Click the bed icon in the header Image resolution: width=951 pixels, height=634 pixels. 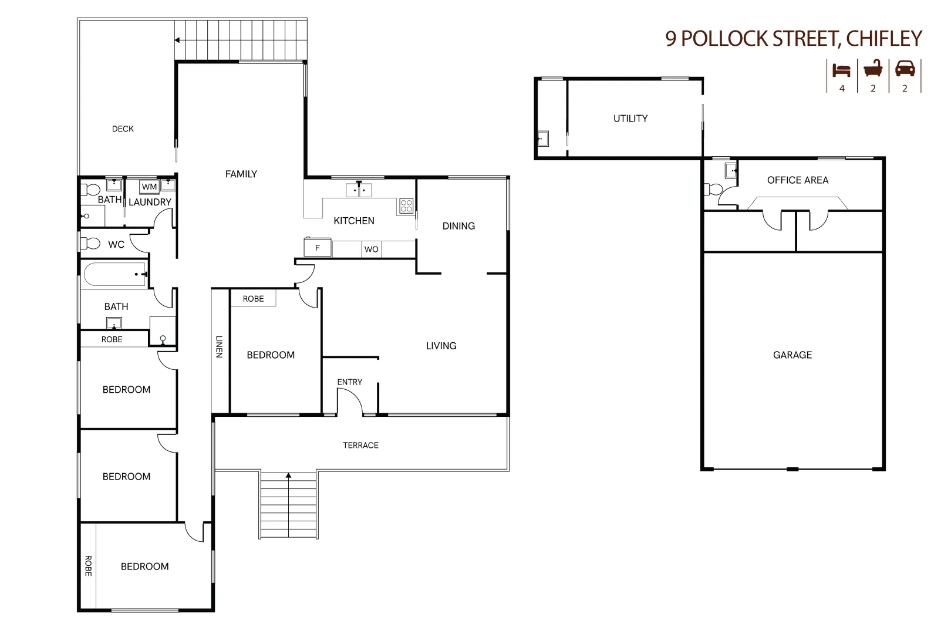(x=841, y=70)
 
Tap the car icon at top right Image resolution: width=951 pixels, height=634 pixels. (x=905, y=69)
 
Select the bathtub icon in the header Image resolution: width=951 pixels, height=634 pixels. (x=873, y=69)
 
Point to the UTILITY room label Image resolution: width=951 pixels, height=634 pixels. (x=630, y=119)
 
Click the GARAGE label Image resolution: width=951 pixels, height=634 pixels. (x=792, y=355)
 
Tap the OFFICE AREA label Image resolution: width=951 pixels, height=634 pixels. (x=797, y=180)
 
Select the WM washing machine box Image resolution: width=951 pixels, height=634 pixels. (x=149, y=187)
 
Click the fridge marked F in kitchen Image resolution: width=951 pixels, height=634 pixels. (x=318, y=247)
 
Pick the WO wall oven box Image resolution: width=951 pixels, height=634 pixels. (x=371, y=249)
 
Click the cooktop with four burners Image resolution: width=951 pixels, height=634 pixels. (x=406, y=206)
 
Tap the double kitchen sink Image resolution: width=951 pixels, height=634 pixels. (x=359, y=190)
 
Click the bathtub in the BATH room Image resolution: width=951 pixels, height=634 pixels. (x=114, y=274)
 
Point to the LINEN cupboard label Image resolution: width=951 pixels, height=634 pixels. (x=219, y=346)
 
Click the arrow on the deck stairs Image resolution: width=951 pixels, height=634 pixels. (x=177, y=41)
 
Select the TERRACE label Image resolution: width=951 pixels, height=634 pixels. (x=360, y=446)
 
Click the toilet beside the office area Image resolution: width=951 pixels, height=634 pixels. (x=713, y=189)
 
